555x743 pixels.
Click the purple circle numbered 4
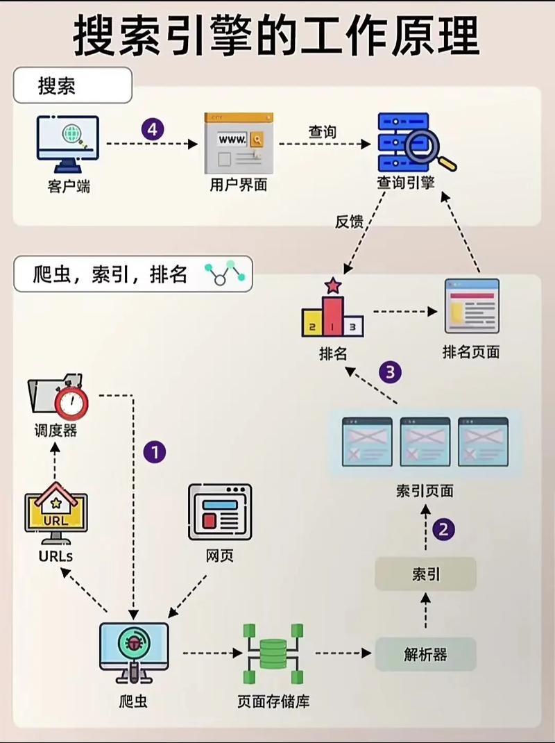point(153,129)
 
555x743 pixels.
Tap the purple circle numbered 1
point(154,453)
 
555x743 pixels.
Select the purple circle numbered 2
point(444,530)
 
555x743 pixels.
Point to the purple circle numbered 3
point(390,372)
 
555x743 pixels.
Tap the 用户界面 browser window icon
point(238,143)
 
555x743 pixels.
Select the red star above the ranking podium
point(333,285)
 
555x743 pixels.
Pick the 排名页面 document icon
point(472,306)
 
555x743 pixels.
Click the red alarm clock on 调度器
point(71,401)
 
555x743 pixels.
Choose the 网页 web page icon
point(220,512)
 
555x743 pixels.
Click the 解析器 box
point(425,654)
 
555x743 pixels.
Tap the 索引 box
point(425,574)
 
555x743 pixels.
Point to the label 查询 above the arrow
point(323,131)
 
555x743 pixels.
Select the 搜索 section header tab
point(72,86)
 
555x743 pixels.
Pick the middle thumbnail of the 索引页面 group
point(425,442)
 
